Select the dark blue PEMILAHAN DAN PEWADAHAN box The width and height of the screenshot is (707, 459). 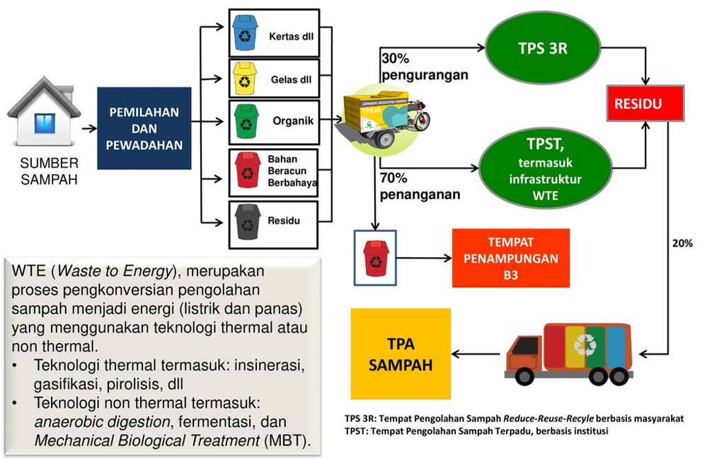point(144,128)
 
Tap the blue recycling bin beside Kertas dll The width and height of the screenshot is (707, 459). point(246,33)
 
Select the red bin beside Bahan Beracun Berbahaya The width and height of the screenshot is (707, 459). point(248,170)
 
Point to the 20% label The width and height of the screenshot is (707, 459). point(682,243)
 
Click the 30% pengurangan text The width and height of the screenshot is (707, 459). point(424,67)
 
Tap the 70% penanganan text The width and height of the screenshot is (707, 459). point(420,186)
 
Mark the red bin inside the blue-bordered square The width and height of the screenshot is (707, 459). point(375,257)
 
